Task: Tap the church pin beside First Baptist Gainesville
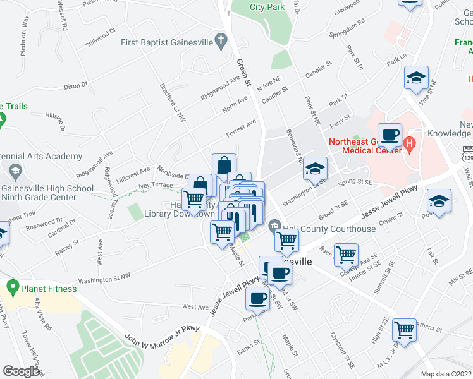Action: click(221, 43)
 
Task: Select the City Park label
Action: click(267, 8)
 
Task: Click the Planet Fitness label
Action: click(47, 289)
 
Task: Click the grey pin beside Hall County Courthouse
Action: click(274, 226)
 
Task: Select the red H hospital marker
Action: click(409, 143)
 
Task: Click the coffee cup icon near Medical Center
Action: click(391, 135)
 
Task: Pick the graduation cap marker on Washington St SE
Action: click(315, 169)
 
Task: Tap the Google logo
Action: click(21, 371)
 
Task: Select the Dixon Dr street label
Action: click(75, 85)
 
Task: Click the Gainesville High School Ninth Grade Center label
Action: click(48, 193)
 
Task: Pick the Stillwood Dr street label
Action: click(101, 38)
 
